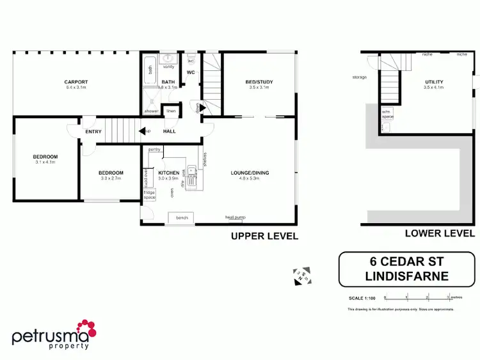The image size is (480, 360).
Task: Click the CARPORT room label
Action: pyautogui.click(x=76, y=82)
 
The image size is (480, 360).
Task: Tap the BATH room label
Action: pyautogui.click(x=168, y=82)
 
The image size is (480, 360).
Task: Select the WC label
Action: pyautogui.click(x=191, y=72)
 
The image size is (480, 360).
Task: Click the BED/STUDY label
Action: pyautogui.click(x=258, y=82)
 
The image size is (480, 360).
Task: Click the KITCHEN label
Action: pyautogui.click(x=168, y=173)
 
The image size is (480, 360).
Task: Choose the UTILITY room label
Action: pyautogui.click(x=433, y=82)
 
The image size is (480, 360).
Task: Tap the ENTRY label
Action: pyautogui.click(x=93, y=132)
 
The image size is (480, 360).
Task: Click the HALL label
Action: pyautogui.click(x=170, y=132)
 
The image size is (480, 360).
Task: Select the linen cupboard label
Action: pyautogui.click(x=171, y=111)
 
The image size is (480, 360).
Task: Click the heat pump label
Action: pyautogui.click(x=234, y=217)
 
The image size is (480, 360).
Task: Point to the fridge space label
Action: pyautogui.click(x=149, y=195)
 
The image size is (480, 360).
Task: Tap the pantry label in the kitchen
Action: pyautogui.click(x=154, y=149)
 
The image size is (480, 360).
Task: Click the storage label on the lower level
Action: pyautogui.click(x=359, y=77)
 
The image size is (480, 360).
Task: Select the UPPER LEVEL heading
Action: pyautogui.click(x=264, y=236)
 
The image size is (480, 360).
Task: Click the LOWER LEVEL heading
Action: pyautogui.click(x=440, y=233)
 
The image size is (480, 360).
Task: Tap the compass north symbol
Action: pyautogui.click(x=301, y=275)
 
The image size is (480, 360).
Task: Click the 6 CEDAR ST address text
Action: pyautogui.click(x=408, y=262)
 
